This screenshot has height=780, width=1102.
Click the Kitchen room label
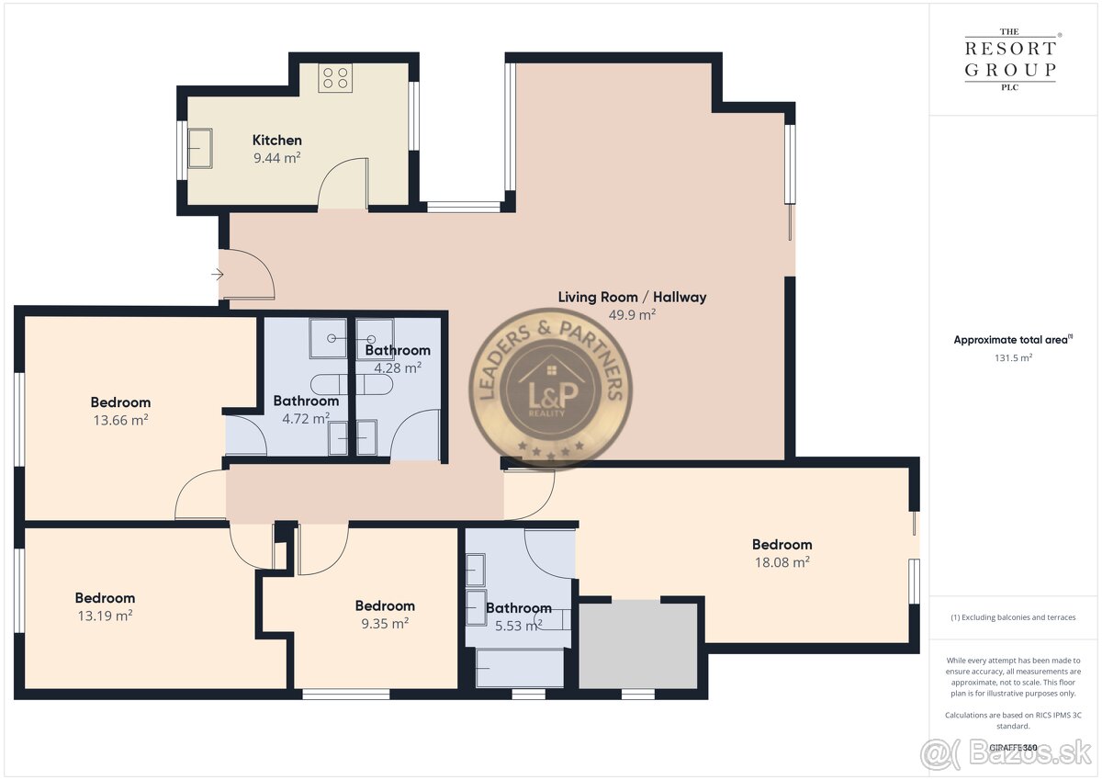coord(277,141)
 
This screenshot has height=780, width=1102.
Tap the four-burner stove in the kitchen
coord(335,78)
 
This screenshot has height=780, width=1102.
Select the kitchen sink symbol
coord(200,149)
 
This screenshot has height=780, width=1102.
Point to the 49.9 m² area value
coord(632,315)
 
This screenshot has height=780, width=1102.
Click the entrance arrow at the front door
coord(218,274)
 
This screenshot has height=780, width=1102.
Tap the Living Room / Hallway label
coord(632,298)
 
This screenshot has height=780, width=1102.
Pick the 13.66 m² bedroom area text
coord(121,420)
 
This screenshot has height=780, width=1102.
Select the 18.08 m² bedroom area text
coord(782,562)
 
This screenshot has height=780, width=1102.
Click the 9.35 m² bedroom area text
coord(385,624)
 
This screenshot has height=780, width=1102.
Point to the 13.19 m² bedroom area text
coord(106,616)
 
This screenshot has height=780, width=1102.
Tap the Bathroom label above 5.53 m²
coord(519,608)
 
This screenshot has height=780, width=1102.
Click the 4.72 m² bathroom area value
coord(306,419)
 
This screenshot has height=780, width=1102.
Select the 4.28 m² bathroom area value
coord(398,368)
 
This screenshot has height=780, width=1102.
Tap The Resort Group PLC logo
coord(1010,60)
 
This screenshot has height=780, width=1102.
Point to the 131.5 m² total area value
coord(1014,357)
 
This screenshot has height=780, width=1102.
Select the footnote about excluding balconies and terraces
coord(1013,617)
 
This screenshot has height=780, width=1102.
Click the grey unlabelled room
coord(638,644)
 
